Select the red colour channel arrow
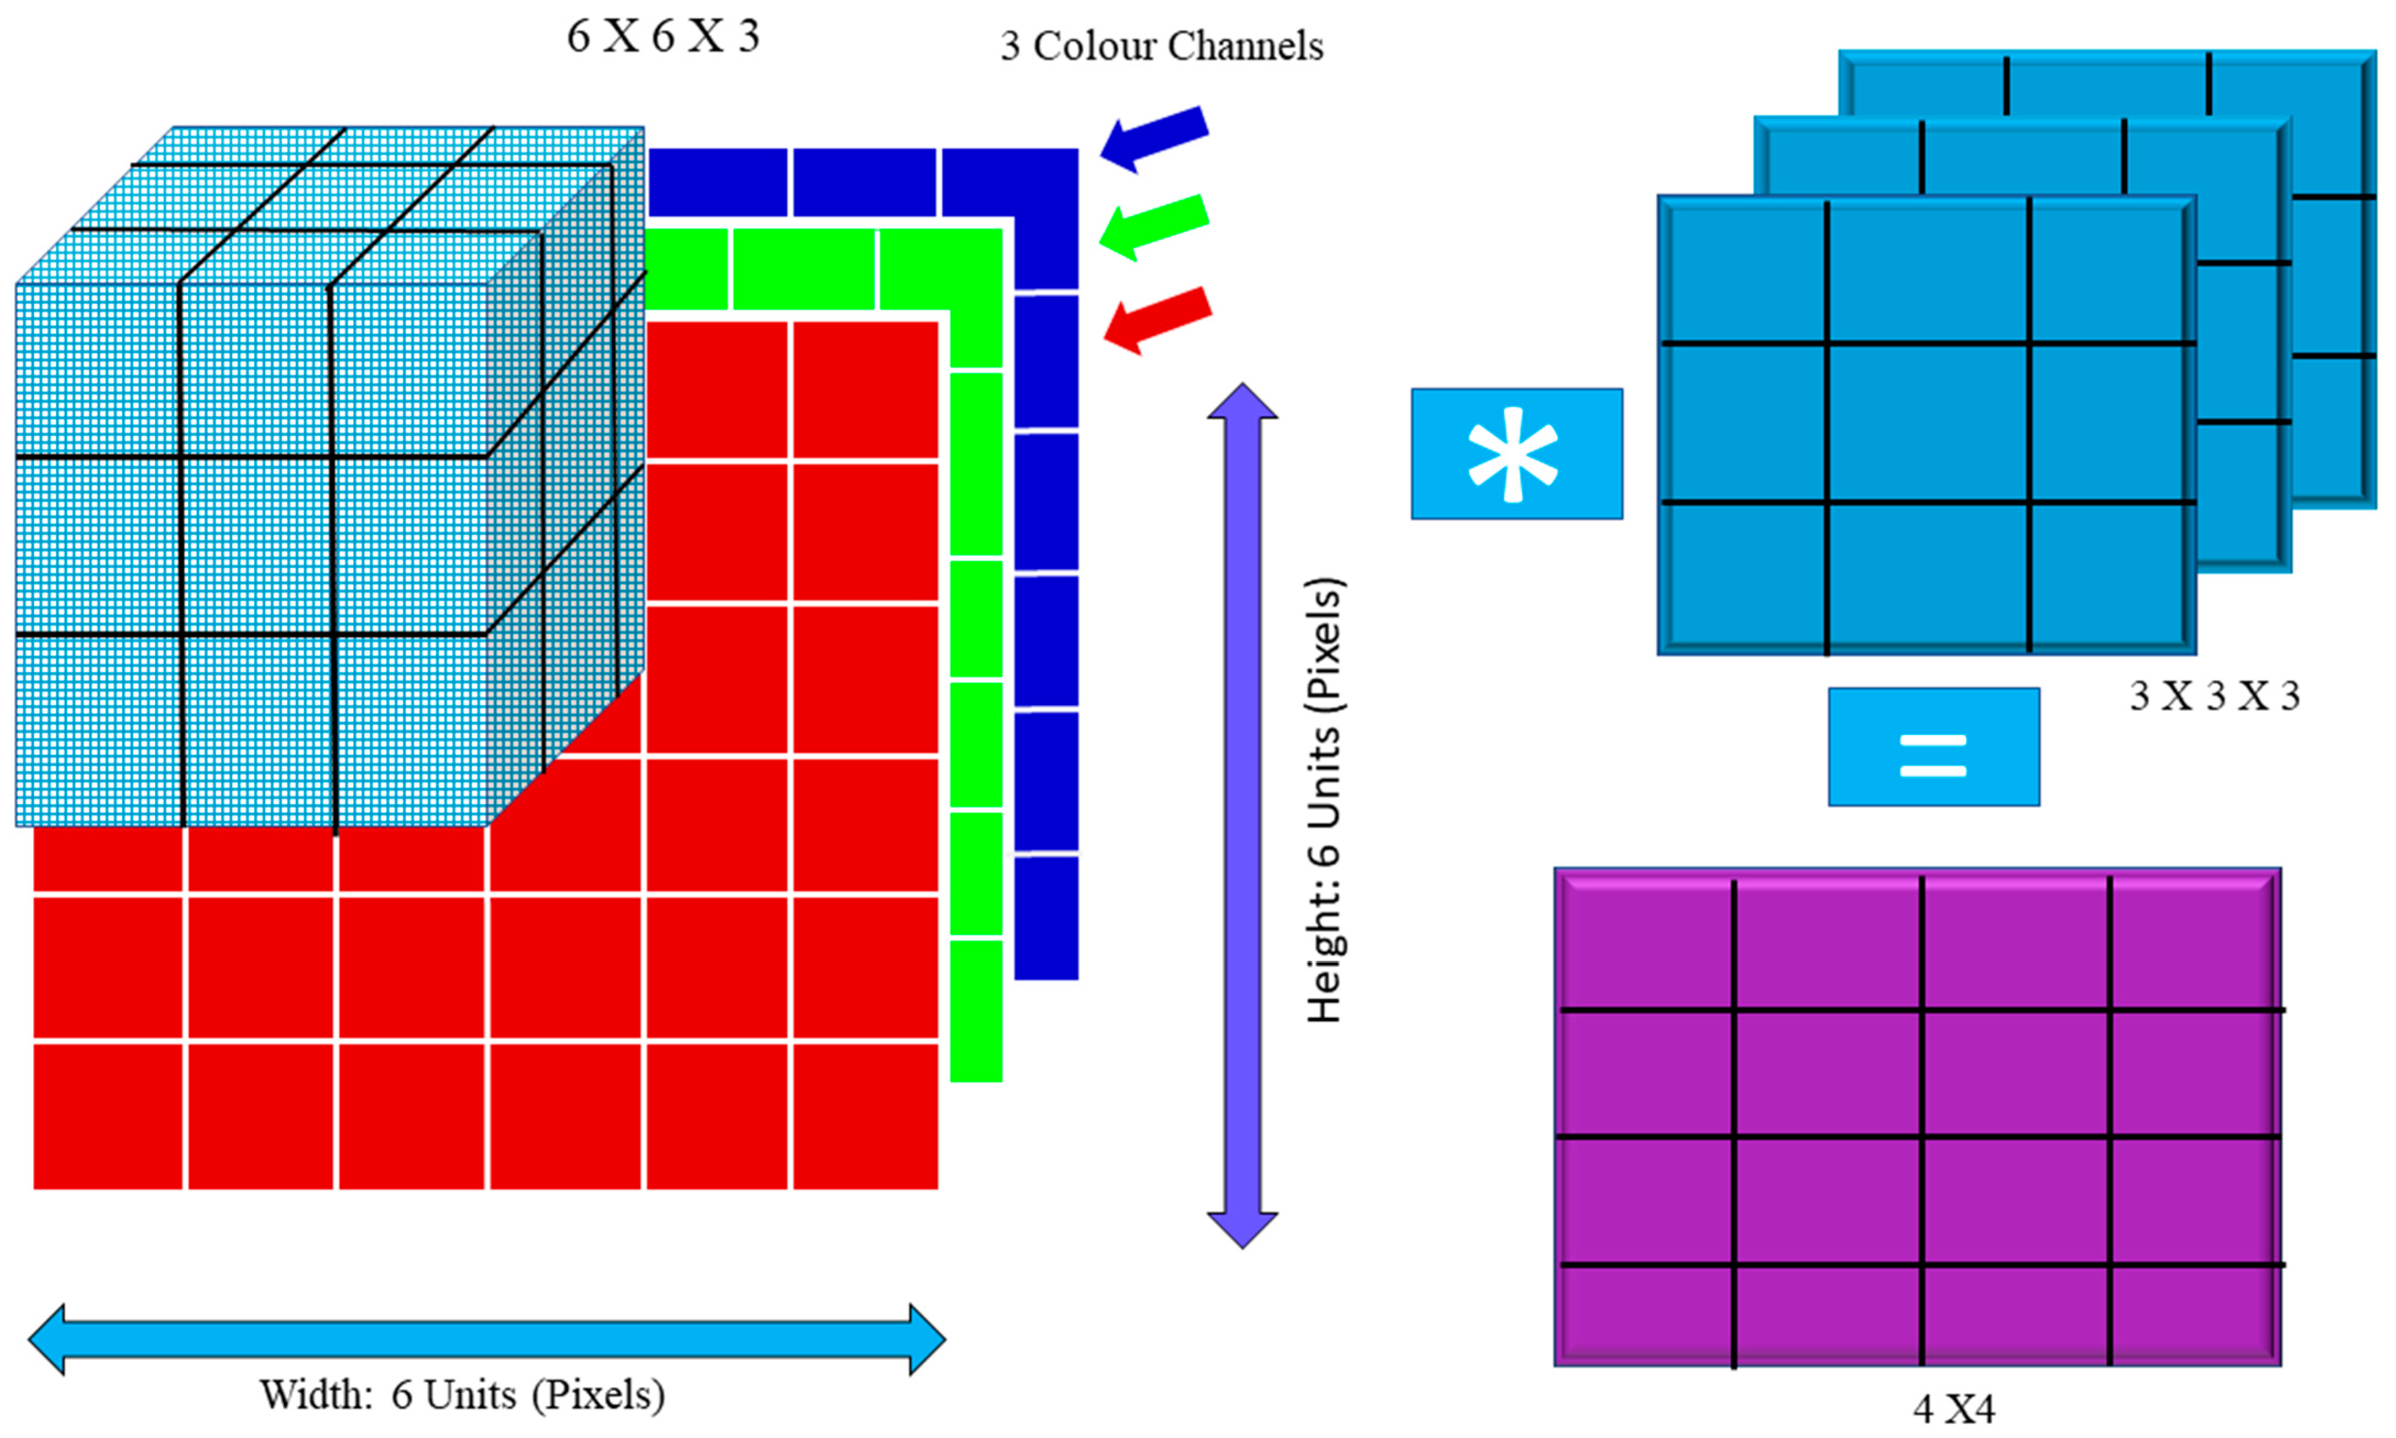(x=1157, y=319)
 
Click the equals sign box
(x=1933, y=746)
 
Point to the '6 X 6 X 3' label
(x=663, y=37)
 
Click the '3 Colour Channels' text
(x=1161, y=46)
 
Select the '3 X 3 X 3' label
(x=2214, y=696)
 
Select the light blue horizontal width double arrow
(x=486, y=1339)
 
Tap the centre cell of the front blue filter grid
(x=1927, y=424)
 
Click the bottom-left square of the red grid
(x=107, y=1115)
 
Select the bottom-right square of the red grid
(x=865, y=1115)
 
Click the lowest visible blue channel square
(x=1045, y=916)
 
